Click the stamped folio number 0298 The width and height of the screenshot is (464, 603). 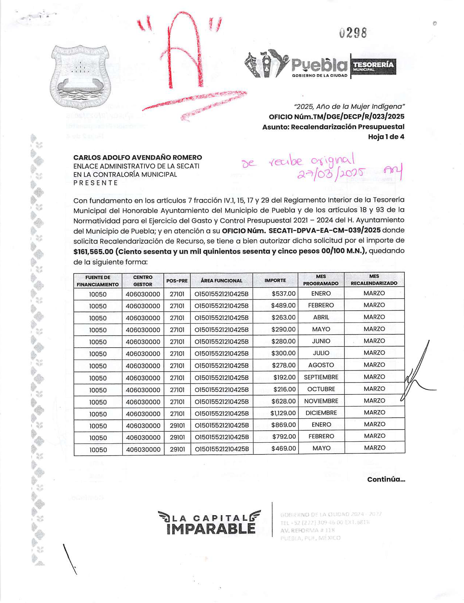click(352, 33)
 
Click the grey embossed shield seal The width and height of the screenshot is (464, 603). click(80, 76)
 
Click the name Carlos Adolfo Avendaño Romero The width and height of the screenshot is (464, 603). click(137, 158)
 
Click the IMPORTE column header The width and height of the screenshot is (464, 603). click(275, 281)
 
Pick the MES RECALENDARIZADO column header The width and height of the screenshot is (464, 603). click(374, 280)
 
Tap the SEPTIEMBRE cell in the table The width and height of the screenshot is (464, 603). click(321, 377)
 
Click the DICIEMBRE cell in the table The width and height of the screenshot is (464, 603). click(321, 413)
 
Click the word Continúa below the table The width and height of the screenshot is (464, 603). click(386, 480)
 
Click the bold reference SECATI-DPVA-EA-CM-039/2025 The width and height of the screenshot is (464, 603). click(324, 231)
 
